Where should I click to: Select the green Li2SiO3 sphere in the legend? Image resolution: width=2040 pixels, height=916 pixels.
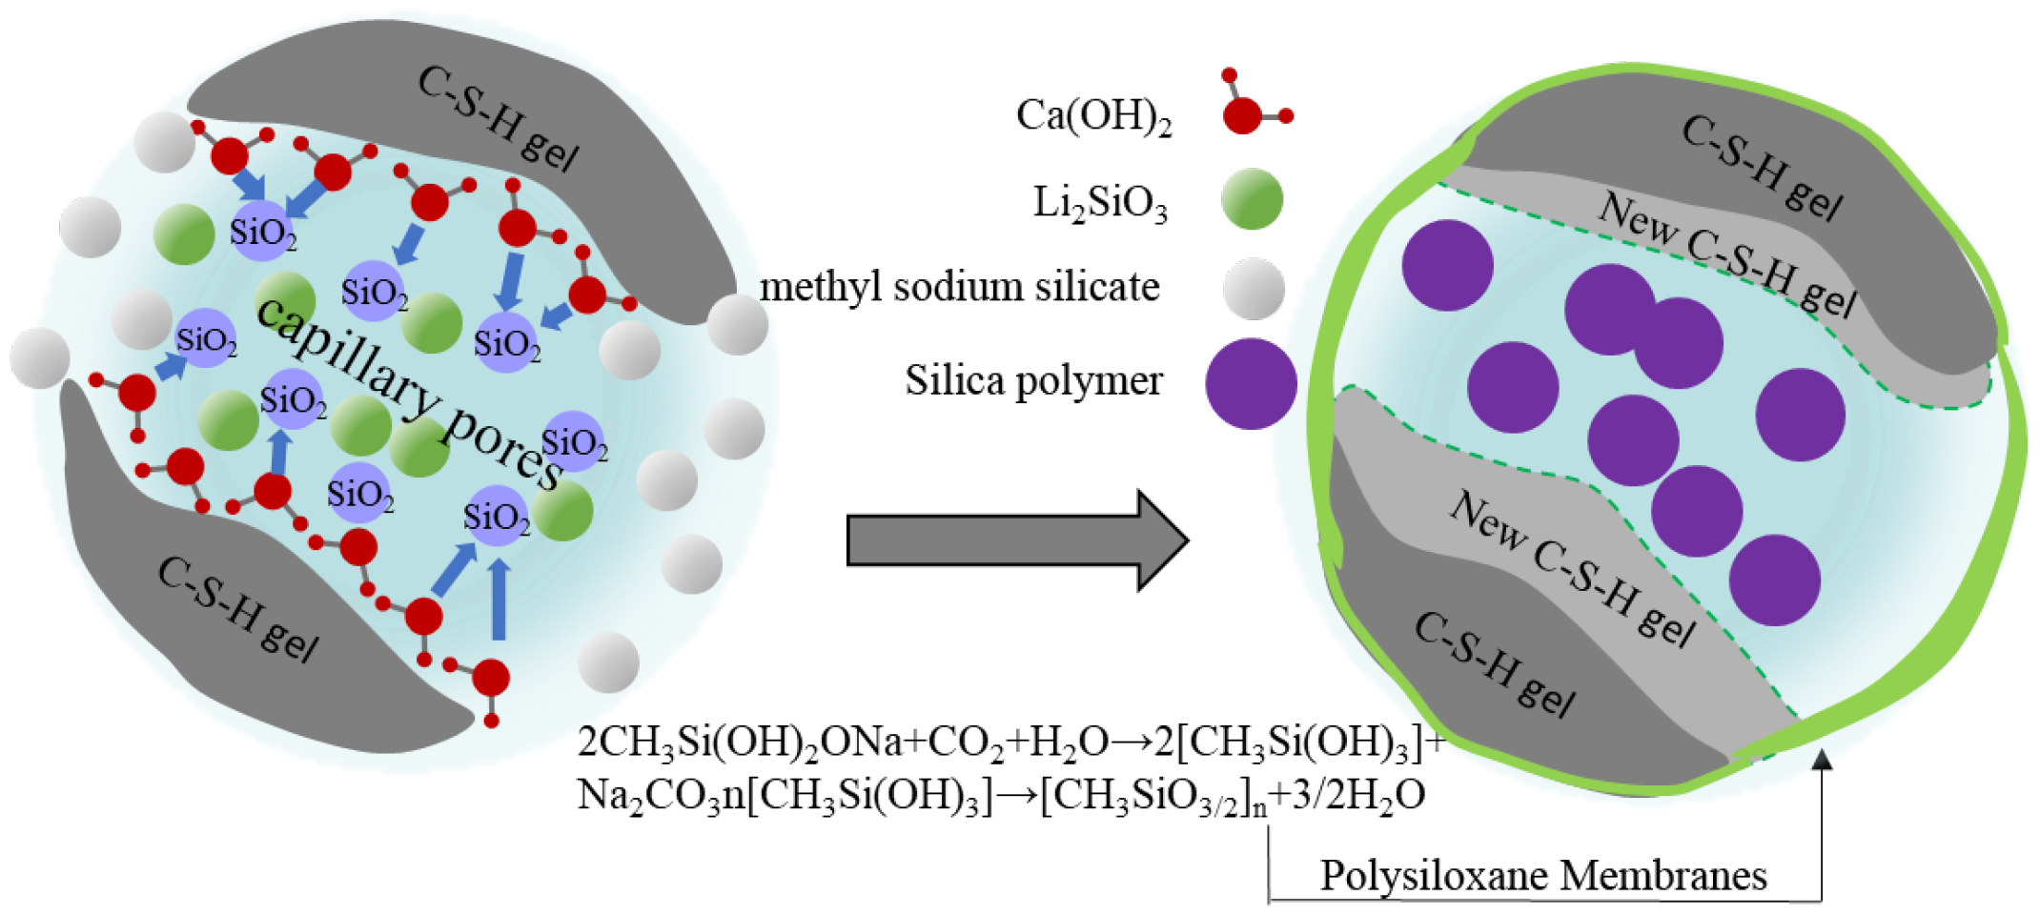[x=1252, y=199]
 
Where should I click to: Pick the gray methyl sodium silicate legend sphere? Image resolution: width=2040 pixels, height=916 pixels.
[x=1253, y=289]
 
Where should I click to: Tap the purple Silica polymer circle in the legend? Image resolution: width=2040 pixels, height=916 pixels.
[x=1251, y=383]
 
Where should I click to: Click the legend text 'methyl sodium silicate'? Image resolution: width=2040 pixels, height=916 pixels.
[x=959, y=287]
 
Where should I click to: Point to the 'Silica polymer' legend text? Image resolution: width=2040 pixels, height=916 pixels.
[x=1033, y=381]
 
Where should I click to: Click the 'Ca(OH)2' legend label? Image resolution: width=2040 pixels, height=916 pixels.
[x=1093, y=117]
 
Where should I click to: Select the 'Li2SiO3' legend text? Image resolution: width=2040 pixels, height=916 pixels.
[x=1100, y=203]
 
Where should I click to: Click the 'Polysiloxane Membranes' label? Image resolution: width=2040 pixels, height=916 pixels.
[x=1542, y=875]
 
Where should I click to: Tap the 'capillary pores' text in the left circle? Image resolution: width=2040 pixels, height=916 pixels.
[x=410, y=391]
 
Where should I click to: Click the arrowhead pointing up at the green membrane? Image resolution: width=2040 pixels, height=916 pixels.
[x=1822, y=760]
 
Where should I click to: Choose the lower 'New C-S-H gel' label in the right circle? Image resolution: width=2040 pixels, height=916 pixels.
[x=1573, y=569]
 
